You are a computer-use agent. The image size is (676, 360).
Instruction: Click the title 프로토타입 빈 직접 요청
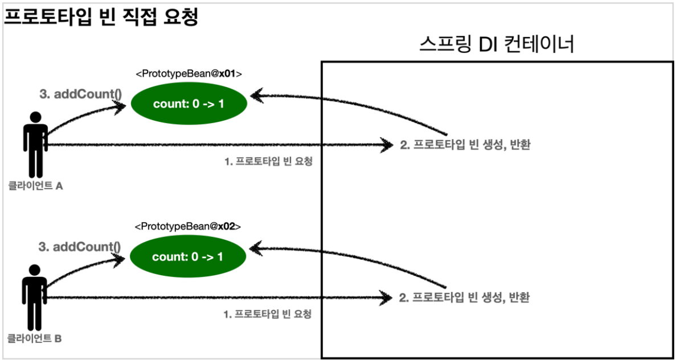coord(101,17)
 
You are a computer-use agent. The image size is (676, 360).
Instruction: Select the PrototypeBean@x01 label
coord(189,74)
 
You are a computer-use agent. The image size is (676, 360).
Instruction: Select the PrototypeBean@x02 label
coord(188,227)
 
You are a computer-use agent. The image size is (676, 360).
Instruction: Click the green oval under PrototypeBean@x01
coord(189,104)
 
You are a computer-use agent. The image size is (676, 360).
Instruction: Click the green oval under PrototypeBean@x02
coord(188,257)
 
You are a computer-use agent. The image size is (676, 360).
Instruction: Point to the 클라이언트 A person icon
coord(35,145)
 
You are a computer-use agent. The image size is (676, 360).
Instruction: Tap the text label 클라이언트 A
coord(35,185)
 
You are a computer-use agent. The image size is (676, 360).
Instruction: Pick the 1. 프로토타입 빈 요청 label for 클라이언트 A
coord(269,161)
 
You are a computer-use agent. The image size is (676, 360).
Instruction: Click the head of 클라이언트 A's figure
coord(35,117)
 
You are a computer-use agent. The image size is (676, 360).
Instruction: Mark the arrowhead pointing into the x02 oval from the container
coord(256,247)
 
